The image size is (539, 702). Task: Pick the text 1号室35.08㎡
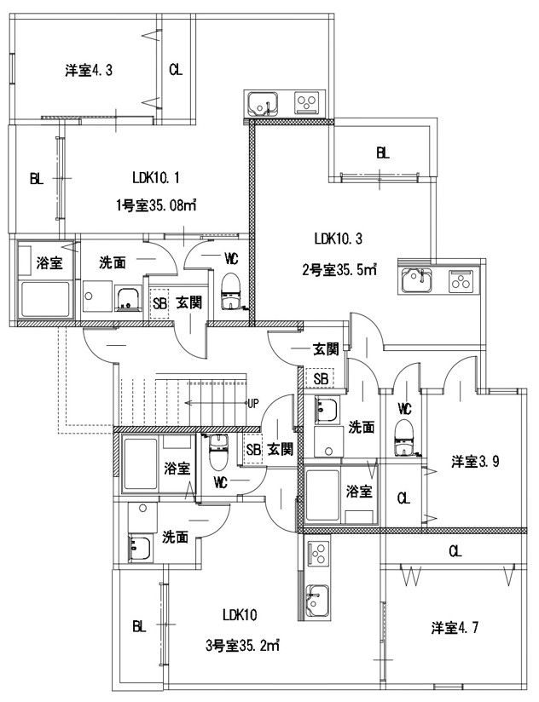[157, 204]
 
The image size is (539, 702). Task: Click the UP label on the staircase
[252, 403]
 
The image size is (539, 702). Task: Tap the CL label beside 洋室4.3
[175, 70]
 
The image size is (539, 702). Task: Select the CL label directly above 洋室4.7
[455, 551]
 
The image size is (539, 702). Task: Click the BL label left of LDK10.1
[37, 179]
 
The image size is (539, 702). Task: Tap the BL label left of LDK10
[139, 627]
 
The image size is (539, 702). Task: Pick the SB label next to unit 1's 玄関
[159, 302]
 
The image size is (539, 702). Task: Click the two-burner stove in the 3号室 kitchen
[318, 555]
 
